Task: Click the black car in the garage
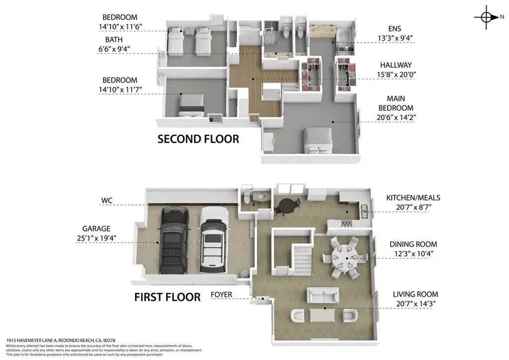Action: [173, 240]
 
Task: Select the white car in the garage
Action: [214, 240]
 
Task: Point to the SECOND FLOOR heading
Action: [198, 139]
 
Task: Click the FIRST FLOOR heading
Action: [168, 297]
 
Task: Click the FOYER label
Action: [222, 294]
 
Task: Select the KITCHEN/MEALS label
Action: [413, 198]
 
